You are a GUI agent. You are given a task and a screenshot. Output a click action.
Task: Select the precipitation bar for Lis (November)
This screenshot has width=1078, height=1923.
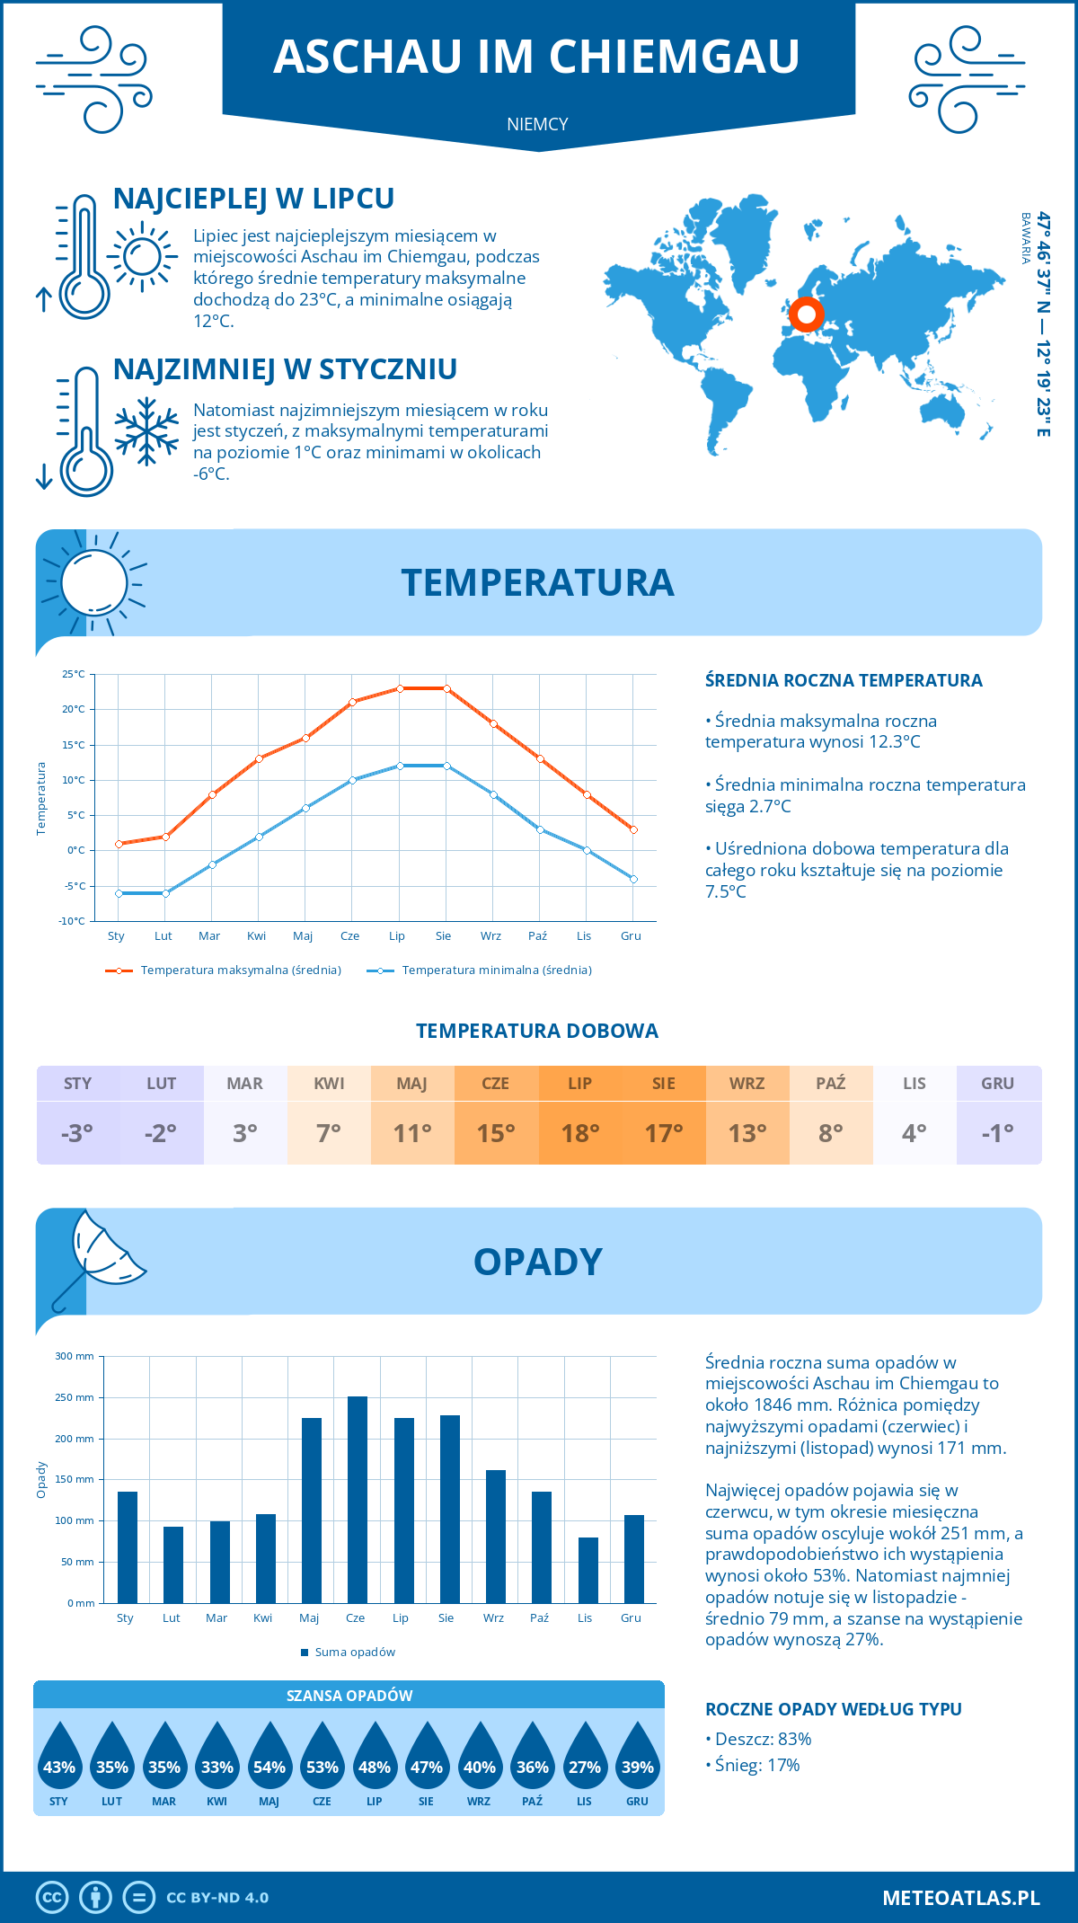point(588,1570)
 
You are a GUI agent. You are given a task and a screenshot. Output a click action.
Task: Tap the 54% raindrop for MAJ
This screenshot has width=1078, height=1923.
point(269,1761)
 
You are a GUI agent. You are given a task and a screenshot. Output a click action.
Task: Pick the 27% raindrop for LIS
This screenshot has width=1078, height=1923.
point(585,1761)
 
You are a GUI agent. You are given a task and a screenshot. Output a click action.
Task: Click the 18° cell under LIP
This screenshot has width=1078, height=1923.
point(580,1133)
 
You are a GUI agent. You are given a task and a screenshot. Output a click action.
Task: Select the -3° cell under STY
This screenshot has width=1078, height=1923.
point(77,1133)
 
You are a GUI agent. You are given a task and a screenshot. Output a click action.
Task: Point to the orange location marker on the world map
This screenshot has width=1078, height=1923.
point(806,315)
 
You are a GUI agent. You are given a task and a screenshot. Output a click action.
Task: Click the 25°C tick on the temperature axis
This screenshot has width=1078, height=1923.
point(74,674)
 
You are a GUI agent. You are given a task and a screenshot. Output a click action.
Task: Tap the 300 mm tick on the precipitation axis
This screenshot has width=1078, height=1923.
point(75,1356)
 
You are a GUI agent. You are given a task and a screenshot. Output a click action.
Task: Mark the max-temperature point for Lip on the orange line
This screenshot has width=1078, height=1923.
point(400,688)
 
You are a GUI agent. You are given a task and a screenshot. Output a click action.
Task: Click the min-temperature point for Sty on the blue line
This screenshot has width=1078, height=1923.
point(119,893)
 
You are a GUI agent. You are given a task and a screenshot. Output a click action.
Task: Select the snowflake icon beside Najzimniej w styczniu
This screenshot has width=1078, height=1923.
point(146,431)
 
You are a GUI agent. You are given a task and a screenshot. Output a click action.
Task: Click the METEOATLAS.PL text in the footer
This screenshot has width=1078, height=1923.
point(960,1898)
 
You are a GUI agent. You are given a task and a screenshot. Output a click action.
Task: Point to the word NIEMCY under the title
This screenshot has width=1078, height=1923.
point(537,124)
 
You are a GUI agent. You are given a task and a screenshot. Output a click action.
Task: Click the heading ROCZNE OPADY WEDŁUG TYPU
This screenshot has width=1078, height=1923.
point(833,1709)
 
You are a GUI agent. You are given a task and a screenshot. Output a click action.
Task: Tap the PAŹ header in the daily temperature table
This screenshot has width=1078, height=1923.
point(831,1084)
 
